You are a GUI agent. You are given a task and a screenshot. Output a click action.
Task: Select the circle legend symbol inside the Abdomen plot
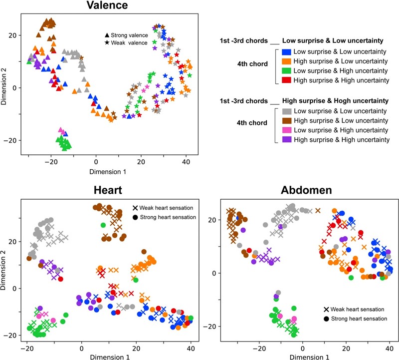tap(325, 318)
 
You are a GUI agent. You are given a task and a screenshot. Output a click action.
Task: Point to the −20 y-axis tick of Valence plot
tap(11, 140)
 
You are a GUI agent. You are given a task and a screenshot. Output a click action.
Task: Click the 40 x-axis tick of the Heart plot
tap(191, 345)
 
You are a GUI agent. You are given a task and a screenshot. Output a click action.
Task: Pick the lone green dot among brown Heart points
tap(103, 225)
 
